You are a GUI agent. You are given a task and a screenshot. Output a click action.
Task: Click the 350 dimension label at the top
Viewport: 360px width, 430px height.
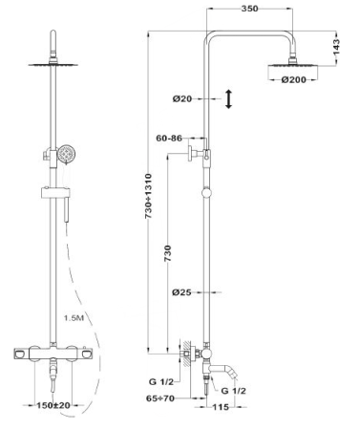(x=249, y=9)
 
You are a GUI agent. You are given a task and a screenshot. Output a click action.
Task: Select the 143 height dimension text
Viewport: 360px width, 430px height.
(x=336, y=47)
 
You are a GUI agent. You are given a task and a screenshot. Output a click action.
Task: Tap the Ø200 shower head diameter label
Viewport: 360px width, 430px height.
(x=293, y=79)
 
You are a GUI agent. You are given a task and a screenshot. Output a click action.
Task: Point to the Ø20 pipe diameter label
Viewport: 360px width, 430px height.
(x=182, y=98)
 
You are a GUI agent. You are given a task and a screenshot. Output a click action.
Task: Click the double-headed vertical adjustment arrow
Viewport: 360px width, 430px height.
(x=229, y=99)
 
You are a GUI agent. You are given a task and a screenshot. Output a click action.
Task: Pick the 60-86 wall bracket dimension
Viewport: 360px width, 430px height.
(x=169, y=139)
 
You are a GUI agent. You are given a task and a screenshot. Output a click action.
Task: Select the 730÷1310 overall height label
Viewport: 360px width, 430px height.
(x=149, y=196)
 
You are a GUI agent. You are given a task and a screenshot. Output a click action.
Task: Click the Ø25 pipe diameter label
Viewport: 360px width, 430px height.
(x=181, y=291)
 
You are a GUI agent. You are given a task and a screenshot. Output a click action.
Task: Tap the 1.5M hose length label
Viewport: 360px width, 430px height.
(x=74, y=317)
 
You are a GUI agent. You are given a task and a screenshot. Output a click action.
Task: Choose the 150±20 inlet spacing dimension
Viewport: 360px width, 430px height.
(x=53, y=405)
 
